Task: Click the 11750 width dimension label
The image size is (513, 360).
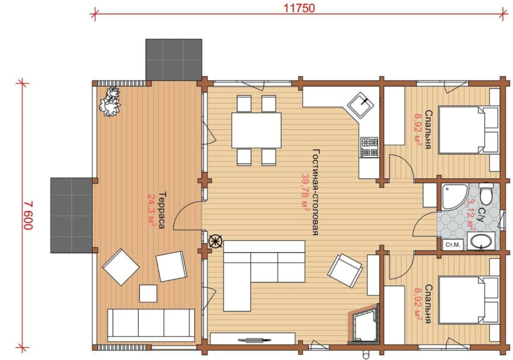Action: [299, 8]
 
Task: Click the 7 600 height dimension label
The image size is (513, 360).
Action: [28, 215]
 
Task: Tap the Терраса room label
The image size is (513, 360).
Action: [162, 210]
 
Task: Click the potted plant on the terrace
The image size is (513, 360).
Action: [110, 101]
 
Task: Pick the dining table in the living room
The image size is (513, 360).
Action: [256, 130]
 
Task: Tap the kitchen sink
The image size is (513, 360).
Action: [360, 105]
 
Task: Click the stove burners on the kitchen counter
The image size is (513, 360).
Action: [370, 148]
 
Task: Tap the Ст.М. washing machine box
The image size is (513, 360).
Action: [452, 245]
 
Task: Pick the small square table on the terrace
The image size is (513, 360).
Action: [148, 293]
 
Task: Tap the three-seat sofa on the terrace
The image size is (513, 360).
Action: [151, 326]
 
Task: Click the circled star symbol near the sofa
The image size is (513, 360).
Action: [215, 242]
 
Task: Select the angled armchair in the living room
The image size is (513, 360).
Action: [345, 271]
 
